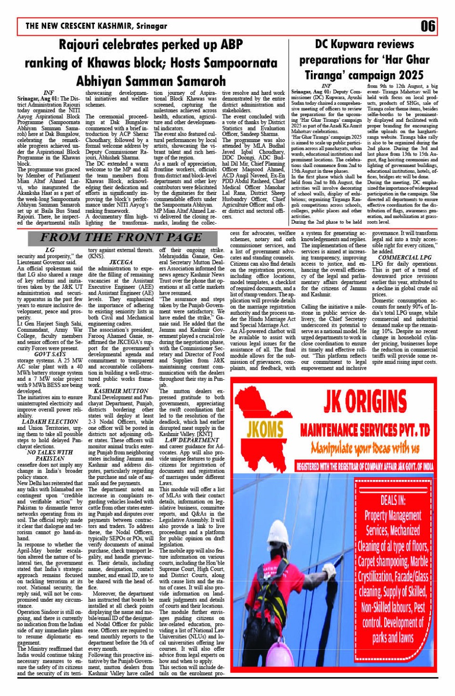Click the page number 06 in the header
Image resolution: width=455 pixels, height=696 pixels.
pos(428,26)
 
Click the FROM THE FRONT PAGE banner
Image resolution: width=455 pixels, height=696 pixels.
pos(121,237)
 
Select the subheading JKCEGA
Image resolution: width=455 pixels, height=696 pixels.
pos(121,262)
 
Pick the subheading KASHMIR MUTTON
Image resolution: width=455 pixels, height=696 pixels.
pos(121,391)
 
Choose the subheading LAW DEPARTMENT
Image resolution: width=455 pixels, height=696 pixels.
pos(192,440)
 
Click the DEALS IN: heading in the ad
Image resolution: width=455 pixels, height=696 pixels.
pos(393,499)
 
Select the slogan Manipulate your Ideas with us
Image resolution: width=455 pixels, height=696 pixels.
pos(364,449)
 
